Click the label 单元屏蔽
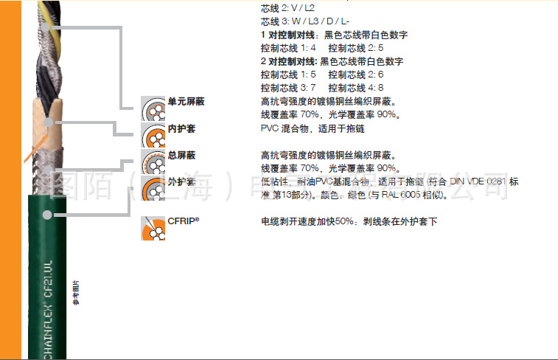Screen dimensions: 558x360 pos(185,102)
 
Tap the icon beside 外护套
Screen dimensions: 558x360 pos(153,187)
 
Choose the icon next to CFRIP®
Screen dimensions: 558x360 pos(153,227)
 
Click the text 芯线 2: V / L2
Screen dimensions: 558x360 pos(287,8)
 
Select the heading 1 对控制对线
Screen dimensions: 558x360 pos(289,35)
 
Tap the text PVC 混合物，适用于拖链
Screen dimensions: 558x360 pos(313,128)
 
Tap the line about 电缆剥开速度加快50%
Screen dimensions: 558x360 pos(349,221)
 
